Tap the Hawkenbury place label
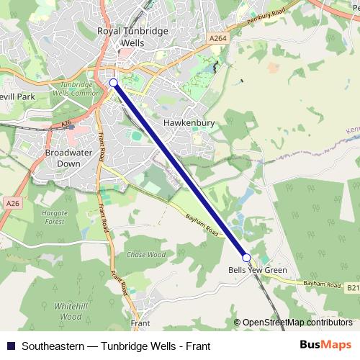(x=189, y=123)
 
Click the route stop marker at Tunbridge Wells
(x=113, y=83)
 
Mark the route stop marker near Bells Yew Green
(x=246, y=257)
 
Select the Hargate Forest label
(x=55, y=217)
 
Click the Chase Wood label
(x=145, y=255)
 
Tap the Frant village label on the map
(x=140, y=323)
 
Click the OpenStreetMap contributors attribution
(x=297, y=323)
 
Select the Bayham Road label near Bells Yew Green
(x=321, y=285)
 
